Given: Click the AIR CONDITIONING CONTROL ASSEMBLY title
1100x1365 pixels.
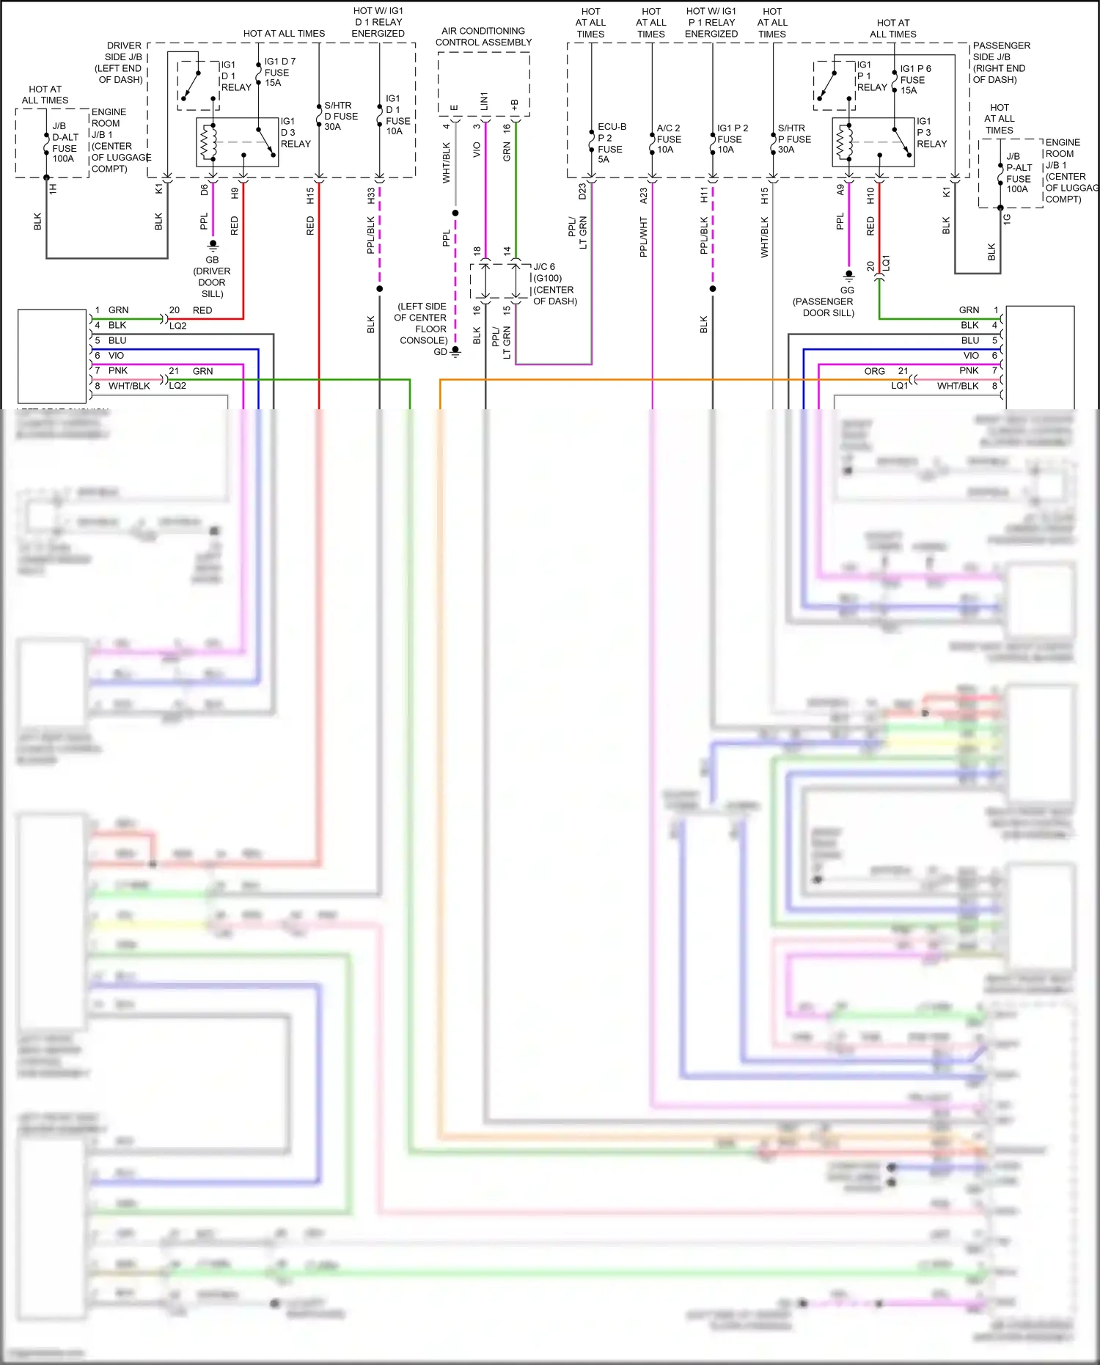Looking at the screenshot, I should (x=483, y=37).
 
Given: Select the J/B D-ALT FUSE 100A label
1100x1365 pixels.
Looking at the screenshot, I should (x=65, y=142).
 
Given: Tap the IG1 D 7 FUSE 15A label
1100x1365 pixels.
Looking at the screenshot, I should (x=279, y=72).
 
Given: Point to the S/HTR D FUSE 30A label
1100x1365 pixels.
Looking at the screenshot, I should (x=340, y=116).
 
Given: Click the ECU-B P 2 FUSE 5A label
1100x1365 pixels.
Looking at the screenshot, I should (x=610, y=143).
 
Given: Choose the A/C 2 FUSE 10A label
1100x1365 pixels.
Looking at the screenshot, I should (x=668, y=139).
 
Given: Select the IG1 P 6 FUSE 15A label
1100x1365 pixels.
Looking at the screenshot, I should (x=914, y=79).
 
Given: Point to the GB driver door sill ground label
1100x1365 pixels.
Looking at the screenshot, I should (x=212, y=277).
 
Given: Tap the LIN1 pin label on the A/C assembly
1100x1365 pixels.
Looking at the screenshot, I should (x=485, y=102).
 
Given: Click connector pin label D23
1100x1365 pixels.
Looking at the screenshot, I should (x=582, y=191).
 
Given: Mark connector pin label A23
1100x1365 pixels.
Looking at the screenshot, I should (x=643, y=196).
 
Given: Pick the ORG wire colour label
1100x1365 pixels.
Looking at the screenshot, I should (x=874, y=371).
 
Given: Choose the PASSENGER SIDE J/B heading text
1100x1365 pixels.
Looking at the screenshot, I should (x=1001, y=62).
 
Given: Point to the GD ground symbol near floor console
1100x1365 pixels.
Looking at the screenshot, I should (x=455, y=352).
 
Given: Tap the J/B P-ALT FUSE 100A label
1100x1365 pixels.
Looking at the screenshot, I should (x=1018, y=173).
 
